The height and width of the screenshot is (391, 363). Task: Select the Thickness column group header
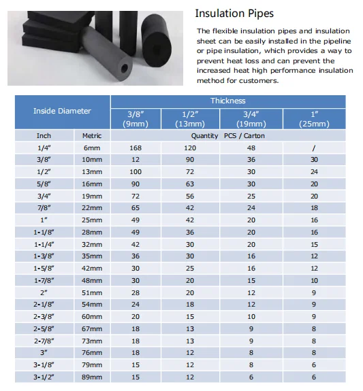(x=227, y=101)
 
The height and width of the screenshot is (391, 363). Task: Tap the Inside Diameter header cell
(x=62, y=111)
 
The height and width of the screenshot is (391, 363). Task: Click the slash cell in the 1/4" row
(x=314, y=148)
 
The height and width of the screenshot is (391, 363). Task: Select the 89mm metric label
(x=92, y=376)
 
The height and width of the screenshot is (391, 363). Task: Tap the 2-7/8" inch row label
(x=44, y=341)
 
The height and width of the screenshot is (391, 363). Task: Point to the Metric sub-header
(x=92, y=135)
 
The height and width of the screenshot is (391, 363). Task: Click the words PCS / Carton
(x=244, y=135)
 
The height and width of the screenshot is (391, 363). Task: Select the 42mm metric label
(x=92, y=268)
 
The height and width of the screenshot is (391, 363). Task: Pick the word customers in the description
(x=259, y=81)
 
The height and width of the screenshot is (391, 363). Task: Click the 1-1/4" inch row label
(x=44, y=243)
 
